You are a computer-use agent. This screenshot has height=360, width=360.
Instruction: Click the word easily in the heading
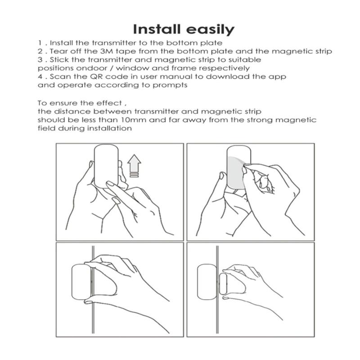point(210,30)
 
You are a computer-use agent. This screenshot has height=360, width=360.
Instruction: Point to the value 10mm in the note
point(133,120)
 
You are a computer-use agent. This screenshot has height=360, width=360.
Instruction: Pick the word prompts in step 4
point(170,85)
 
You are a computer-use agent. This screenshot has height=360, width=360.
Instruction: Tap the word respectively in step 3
point(224,68)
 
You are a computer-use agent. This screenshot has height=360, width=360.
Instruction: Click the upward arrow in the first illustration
point(134,166)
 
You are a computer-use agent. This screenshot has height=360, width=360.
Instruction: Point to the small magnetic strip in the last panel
point(223,284)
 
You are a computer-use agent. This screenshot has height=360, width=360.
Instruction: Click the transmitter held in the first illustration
point(106,166)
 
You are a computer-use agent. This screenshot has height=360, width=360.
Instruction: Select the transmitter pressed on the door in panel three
point(81,282)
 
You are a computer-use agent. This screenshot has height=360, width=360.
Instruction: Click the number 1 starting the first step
point(40,43)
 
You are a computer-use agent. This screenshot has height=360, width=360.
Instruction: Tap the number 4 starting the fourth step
point(40,76)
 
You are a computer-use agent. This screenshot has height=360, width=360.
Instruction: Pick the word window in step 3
point(132,68)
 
